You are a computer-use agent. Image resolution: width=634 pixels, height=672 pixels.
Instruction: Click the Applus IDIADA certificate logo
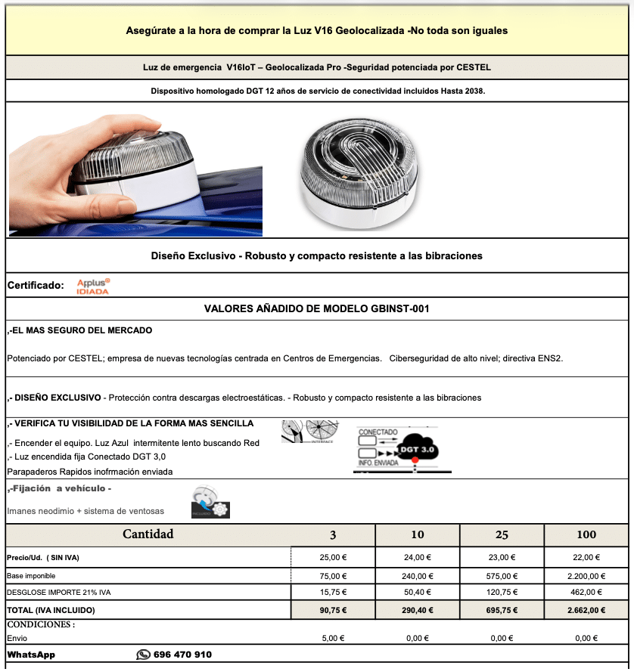[x=93, y=286]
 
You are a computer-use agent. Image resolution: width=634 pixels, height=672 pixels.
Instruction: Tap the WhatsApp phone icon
[x=143, y=655]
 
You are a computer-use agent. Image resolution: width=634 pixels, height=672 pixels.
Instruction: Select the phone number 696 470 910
[x=182, y=655]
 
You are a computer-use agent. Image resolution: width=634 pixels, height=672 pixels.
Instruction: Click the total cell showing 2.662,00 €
[x=586, y=609]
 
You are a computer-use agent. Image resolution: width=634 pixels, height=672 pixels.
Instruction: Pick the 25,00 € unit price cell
[x=333, y=557]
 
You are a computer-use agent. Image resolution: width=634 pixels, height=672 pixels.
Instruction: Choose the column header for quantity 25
[x=502, y=534]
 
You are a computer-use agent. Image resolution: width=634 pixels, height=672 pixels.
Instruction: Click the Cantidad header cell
[x=148, y=534]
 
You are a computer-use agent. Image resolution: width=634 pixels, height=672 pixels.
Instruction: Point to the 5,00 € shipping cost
[x=333, y=638]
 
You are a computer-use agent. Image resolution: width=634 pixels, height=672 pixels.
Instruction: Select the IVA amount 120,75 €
[x=502, y=592]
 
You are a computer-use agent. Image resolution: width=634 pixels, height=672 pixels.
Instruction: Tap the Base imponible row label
[x=31, y=575]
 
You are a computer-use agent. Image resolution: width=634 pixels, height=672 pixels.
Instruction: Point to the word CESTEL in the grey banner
[x=473, y=67]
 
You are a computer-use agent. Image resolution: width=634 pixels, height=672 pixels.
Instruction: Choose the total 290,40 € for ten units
[x=417, y=609]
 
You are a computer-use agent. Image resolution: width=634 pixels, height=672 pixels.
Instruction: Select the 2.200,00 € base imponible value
[x=586, y=575]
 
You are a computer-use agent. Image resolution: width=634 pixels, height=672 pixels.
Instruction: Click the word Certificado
[x=35, y=285]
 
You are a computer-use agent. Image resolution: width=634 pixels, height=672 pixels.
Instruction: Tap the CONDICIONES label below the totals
[x=41, y=625]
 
